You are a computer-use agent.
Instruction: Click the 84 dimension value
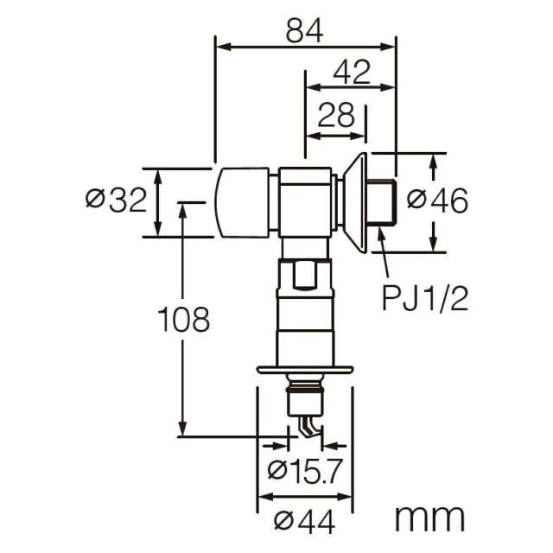(x=304, y=31)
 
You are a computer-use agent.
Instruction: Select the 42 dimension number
(x=352, y=72)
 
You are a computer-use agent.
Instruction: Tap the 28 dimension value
(x=336, y=115)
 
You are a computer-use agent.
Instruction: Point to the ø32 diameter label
(x=116, y=200)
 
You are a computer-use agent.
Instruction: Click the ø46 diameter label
(x=437, y=200)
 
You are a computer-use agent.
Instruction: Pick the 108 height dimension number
(x=183, y=319)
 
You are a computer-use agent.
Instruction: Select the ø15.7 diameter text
(x=305, y=470)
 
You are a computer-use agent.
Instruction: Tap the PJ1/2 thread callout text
(x=425, y=298)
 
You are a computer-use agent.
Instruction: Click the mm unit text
(x=429, y=518)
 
